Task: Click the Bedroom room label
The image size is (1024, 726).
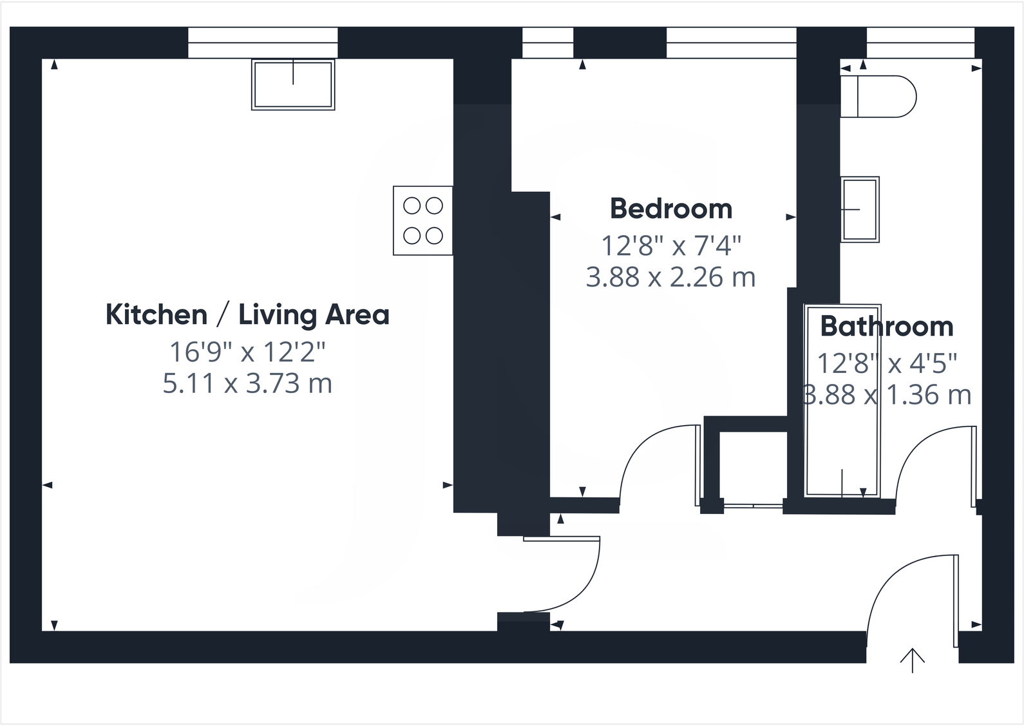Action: coord(670,209)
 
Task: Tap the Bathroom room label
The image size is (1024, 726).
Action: coord(886,327)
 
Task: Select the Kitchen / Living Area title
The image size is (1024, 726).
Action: coord(247,315)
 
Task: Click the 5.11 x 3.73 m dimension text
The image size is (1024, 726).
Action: coord(247,384)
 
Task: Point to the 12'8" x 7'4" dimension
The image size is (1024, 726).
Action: coord(670,245)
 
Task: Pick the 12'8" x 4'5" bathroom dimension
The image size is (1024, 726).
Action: coord(886,364)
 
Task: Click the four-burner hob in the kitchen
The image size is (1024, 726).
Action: coord(423,221)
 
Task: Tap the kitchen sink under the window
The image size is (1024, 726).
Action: coord(293,85)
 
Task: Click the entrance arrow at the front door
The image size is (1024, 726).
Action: coord(912,659)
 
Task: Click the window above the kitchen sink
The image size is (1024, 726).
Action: coord(263,43)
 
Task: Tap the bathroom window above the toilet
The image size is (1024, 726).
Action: coord(920,43)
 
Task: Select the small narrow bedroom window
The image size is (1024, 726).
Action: coord(547,43)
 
